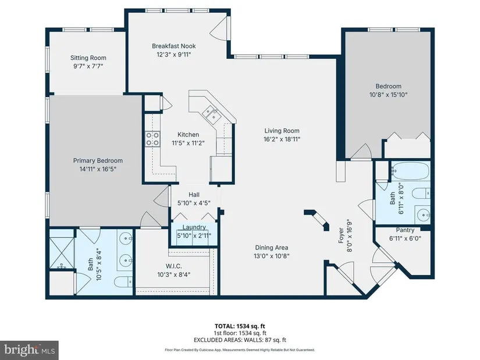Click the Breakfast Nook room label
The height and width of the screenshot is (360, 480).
pos(173,46)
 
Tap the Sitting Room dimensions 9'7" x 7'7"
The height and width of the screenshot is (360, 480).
pos(88,66)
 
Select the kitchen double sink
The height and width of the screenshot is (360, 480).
pos(211,112)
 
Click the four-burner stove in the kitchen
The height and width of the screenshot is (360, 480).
pos(152,138)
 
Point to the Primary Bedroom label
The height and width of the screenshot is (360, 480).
pos(98,161)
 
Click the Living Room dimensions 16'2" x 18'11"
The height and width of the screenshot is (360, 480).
pos(282,139)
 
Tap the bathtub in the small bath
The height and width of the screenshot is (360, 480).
pos(410,171)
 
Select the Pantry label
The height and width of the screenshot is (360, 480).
pos(405,230)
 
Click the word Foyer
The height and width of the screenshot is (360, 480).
pos(341,236)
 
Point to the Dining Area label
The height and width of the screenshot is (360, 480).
pos(272,247)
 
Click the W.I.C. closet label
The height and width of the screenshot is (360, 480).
pos(173,266)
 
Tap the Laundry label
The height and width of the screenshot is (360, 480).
pos(194,227)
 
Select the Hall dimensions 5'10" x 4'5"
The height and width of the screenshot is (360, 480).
pos(194,202)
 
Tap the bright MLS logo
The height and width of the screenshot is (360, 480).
pos(29,350)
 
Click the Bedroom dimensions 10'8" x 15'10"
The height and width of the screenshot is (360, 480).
pos(389,95)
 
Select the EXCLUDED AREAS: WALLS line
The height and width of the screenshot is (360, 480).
pos(240,340)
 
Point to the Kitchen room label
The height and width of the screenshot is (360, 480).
pos(189,134)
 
